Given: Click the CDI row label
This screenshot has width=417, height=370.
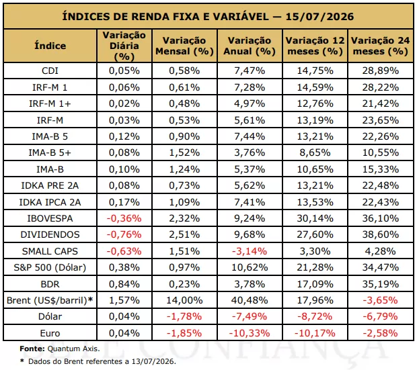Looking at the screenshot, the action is point(50,71).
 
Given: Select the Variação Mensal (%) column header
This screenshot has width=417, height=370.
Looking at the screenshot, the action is point(184,46).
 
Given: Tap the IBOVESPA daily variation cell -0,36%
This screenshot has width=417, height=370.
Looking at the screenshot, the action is point(124,218).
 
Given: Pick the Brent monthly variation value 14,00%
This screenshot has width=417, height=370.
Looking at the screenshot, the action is point(184,300).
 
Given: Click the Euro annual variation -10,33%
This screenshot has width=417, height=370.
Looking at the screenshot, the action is point(250,333).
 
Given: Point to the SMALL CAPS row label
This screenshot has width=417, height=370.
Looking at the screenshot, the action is point(50,251).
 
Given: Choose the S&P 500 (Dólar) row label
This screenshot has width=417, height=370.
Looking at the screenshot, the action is point(50,267).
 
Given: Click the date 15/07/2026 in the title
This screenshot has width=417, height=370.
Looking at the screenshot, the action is point(319,17).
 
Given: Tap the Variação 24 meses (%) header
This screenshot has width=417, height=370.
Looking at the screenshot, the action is point(381,46).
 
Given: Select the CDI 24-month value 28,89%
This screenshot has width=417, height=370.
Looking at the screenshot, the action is point(381,71).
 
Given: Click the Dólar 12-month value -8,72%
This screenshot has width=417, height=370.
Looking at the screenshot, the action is point(315,316).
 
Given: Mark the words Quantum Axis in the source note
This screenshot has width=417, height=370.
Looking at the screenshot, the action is point(73,349).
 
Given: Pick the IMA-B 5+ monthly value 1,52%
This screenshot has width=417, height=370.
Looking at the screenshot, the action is point(184,152).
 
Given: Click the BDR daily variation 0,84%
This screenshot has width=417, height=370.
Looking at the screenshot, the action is point(124,284).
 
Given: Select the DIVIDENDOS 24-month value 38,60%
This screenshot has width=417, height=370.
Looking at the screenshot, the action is point(381,234).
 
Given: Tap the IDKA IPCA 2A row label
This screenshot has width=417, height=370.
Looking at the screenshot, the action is point(50,202).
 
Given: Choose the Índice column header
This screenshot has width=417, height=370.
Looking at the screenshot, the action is point(50,46).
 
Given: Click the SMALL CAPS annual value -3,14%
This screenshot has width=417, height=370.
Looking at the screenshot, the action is point(250,251).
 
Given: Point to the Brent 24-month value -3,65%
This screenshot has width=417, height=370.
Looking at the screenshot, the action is point(381,300).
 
